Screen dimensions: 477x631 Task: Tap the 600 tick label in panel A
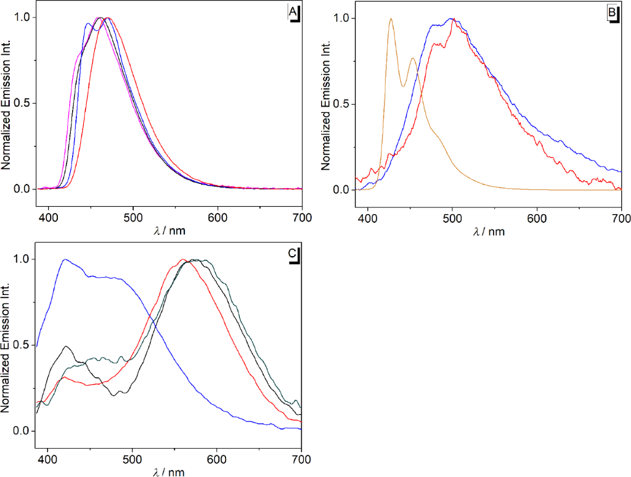(218, 217)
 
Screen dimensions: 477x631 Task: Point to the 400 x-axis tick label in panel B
(368, 217)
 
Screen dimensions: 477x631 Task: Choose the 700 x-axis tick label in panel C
(301, 459)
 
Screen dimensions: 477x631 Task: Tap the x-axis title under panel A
(169, 231)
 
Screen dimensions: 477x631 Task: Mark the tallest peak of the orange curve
(391, 19)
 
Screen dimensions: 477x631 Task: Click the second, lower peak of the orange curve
(413, 59)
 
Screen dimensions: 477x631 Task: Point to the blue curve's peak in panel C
(65, 259)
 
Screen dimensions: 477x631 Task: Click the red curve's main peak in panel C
(183, 260)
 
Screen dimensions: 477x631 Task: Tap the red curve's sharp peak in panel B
(454, 20)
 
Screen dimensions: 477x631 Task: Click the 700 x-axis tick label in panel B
(621, 217)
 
